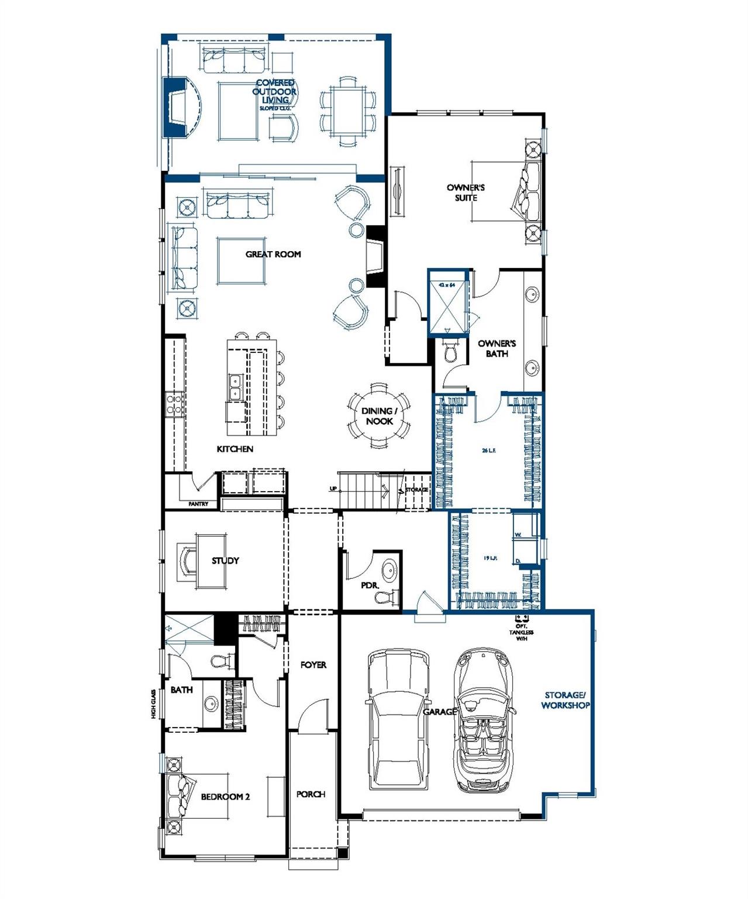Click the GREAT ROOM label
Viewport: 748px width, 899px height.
pos(273,254)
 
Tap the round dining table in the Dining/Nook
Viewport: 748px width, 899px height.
pos(379,416)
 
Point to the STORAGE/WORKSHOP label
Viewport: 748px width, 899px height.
pos(565,701)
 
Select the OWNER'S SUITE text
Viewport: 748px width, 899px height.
pos(466,193)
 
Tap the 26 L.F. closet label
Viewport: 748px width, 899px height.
pos(489,451)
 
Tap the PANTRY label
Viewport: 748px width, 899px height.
pos(198,504)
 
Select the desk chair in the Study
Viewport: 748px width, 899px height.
pos(187,561)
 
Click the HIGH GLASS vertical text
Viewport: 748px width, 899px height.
pos(153,704)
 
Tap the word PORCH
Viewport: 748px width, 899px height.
pos(311,794)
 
